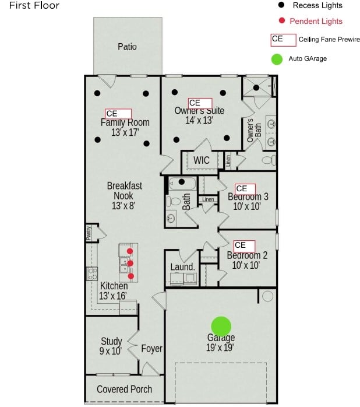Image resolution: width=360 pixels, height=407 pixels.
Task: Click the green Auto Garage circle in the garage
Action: (221, 326)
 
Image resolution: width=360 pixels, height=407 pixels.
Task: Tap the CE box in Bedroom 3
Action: (245, 188)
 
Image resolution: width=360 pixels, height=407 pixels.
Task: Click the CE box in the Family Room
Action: (118, 114)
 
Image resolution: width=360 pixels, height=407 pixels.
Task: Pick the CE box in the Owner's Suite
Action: (200, 103)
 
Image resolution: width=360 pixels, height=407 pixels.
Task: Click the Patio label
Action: (127, 47)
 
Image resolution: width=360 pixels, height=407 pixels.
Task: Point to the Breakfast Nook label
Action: (125, 195)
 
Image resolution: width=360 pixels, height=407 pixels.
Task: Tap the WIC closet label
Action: (202, 160)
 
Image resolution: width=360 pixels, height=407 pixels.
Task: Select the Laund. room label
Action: (182, 267)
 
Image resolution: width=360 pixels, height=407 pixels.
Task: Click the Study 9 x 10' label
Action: (111, 346)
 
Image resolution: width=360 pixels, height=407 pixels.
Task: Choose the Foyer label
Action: (151, 349)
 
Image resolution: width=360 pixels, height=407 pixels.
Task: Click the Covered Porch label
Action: (124, 389)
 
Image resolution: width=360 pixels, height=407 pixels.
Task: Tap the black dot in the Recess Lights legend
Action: (282, 5)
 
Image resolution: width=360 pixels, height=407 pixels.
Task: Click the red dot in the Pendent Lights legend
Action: (282, 21)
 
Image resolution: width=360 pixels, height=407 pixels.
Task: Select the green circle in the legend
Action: (277, 59)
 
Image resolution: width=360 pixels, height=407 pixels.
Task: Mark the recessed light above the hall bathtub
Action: (182, 182)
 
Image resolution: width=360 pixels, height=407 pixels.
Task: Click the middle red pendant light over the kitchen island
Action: (130, 264)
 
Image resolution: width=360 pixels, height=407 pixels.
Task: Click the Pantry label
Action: (89, 233)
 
